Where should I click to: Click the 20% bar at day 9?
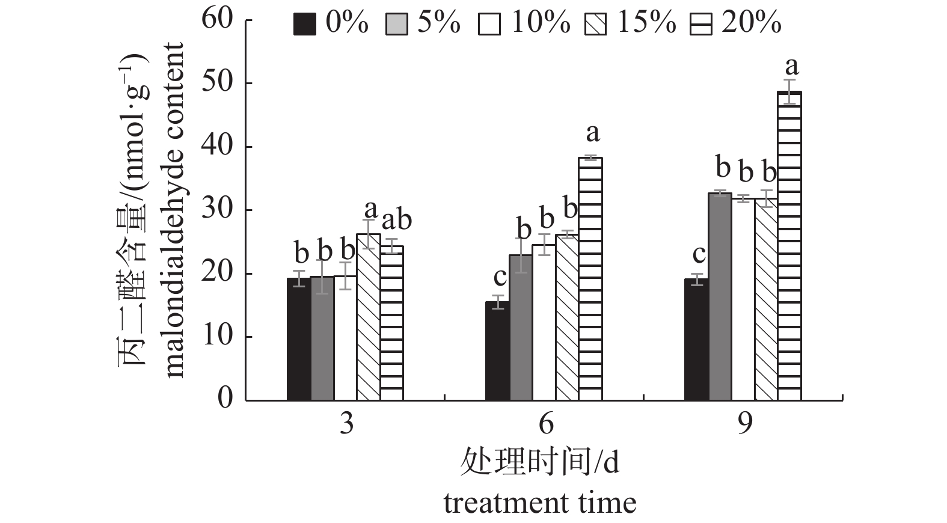(x=789, y=246)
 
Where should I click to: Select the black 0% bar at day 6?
(x=497, y=351)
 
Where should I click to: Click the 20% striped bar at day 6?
(x=590, y=279)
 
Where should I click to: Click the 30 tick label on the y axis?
(x=217, y=210)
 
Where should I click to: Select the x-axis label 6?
(x=545, y=424)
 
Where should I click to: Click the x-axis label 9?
(x=744, y=424)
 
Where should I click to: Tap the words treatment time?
(x=540, y=503)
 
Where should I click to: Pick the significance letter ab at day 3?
(x=397, y=220)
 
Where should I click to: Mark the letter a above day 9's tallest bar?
(x=792, y=66)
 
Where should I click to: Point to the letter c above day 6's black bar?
(x=500, y=277)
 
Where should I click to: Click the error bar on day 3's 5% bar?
(x=322, y=277)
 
